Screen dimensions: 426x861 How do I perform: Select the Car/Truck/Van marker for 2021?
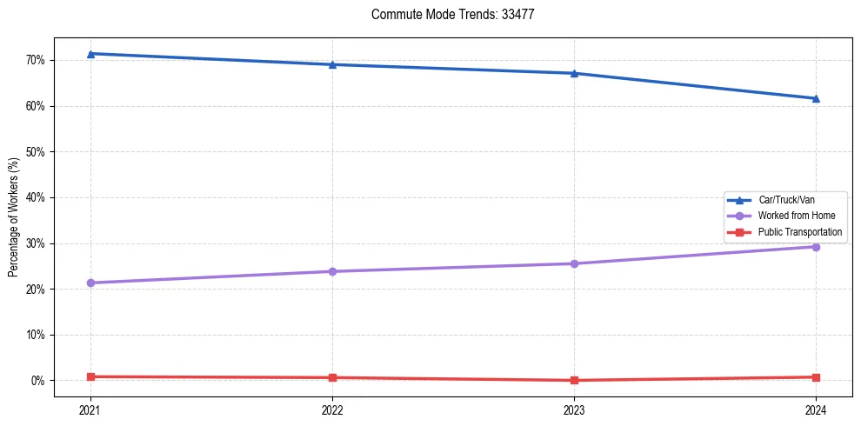coord(90,54)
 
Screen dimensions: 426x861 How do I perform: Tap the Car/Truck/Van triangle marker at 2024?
coord(816,98)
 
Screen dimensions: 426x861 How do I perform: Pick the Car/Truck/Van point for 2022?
coord(332,64)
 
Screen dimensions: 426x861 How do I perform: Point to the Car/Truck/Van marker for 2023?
coord(574,73)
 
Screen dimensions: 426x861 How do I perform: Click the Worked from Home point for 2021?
coord(90,283)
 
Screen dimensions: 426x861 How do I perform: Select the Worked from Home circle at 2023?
coord(574,263)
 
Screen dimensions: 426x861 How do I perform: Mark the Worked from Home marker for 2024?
coord(816,247)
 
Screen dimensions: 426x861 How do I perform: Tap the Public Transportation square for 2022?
coord(332,377)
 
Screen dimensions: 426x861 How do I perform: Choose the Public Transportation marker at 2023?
coord(574,380)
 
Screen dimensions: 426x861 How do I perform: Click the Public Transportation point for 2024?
coord(816,377)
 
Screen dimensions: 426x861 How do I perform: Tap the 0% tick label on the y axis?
coord(37,381)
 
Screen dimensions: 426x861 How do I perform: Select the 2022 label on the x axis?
coord(332,409)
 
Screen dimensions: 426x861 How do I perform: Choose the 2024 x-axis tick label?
coord(816,409)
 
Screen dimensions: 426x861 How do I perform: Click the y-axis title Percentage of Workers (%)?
coord(13,217)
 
